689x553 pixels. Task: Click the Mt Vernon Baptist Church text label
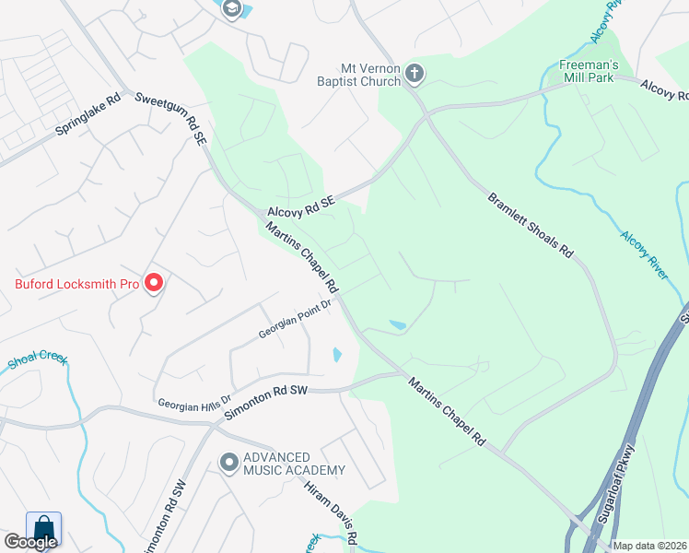pos(370,74)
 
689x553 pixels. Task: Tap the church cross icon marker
pos(415,73)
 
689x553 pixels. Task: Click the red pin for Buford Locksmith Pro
pos(154,282)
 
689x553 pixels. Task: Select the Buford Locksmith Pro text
pos(76,283)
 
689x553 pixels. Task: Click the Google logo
pos(30,542)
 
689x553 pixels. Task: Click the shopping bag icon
pos(43,528)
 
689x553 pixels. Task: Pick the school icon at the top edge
pos(231,8)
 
